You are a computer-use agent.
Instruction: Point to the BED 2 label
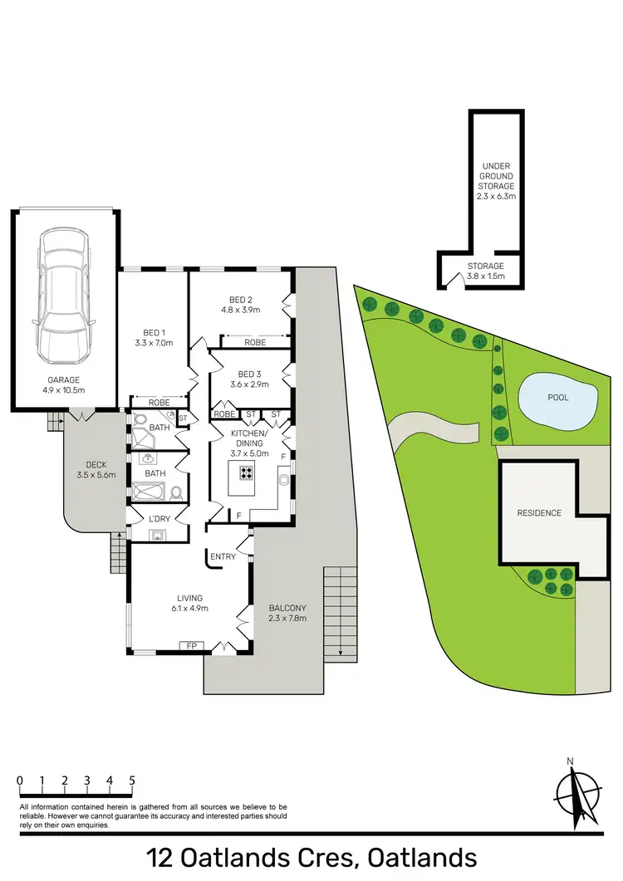240,305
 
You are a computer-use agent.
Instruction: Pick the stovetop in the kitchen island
247,472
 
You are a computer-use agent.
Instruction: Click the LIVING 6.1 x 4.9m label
190,602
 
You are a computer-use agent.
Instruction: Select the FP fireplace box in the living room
191,645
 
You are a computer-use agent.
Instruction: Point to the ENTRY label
223,556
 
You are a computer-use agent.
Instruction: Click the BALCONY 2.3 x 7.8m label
287,613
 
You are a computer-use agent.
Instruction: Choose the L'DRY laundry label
157,520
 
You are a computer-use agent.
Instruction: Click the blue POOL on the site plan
557,399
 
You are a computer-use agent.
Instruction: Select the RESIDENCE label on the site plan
539,513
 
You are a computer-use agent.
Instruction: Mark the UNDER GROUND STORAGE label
497,182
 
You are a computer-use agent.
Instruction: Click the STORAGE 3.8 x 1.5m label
485,271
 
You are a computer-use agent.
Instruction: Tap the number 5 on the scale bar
132,781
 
